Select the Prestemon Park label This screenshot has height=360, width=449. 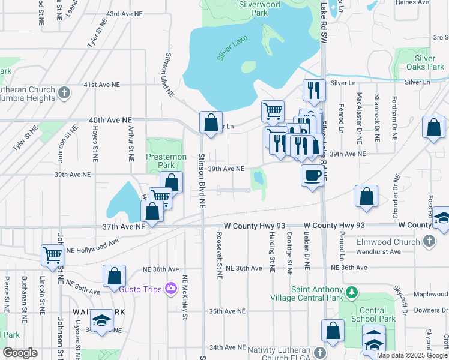pyautogui.click(x=160, y=160)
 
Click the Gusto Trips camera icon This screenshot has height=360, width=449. pyautogui.click(x=170, y=289)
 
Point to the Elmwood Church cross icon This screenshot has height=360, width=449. pyautogui.click(x=429, y=241)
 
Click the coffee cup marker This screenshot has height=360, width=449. pyautogui.click(x=312, y=175)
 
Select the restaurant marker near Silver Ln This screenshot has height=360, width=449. pyautogui.click(x=314, y=90)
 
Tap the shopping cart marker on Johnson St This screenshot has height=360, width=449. pyautogui.click(x=52, y=254)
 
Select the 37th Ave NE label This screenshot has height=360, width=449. pyautogui.click(x=124, y=227)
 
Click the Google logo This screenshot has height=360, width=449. pyautogui.click(x=20, y=353)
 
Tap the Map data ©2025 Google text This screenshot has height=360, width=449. pyautogui.click(x=412, y=355)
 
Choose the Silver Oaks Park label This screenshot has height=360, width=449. pyautogui.click(x=425, y=62)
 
